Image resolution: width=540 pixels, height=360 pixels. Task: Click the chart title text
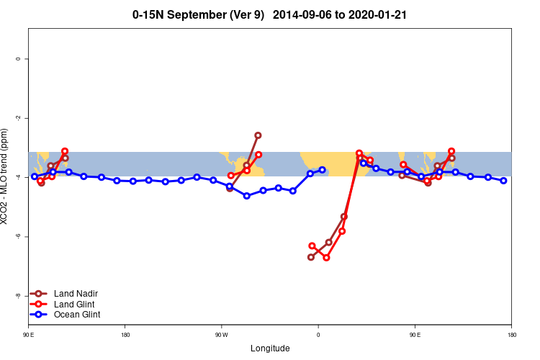click(x=269, y=14)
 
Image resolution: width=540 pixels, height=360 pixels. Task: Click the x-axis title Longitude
click(x=270, y=348)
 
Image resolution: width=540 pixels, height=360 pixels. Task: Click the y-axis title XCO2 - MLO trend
click(x=5, y=176)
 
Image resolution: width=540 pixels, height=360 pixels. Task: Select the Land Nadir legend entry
click(x=76, y=294)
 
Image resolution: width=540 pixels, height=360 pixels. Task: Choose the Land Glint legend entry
click(x=74, y=304)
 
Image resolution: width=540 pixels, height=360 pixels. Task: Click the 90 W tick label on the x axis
click(x=221, y=335)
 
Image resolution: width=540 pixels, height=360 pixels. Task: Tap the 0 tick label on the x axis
click(x=318, y=335)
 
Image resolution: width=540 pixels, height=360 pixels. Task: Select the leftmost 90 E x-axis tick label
click(x=28, y=335)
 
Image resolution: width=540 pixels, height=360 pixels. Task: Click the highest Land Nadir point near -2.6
click(x=258, y=135)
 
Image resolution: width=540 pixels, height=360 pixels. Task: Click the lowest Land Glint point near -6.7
click(x=326, y=257)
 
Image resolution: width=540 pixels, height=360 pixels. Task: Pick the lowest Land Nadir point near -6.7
click(x=311, y=257)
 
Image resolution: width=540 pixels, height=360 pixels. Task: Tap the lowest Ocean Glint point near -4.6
click(x=246, y=196)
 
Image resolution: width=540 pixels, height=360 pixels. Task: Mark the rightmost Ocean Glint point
click(x=503, y=181)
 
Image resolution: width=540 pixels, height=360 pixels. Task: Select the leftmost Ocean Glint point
click(x=34, y=176)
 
